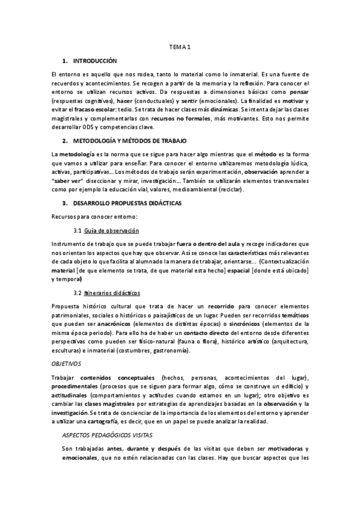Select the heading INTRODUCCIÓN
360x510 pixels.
tap(95, 61)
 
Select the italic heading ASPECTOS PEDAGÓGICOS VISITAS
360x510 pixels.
tap(108, 434)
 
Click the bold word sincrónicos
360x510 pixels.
tap(241, 324)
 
